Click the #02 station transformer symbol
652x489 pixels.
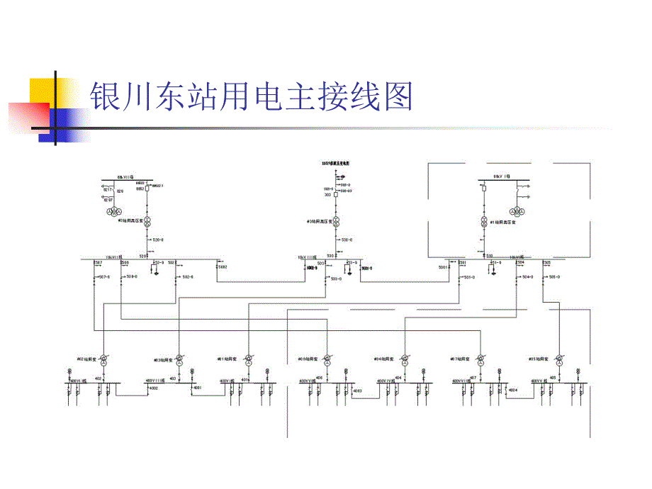click(x=103, y=361)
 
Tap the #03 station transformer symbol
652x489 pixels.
click(x=179, y=361)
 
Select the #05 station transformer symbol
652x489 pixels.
click(x=558, y=361)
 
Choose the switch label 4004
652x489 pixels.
click(x=512, y=390)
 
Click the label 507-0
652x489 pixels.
click(x=103, y=276)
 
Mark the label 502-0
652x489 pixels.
click(x=188, y=276)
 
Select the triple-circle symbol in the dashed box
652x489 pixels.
click(x=519, y=211)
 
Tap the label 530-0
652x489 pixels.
click(x=346, y=240)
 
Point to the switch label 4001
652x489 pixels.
click(x=197, y=388)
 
